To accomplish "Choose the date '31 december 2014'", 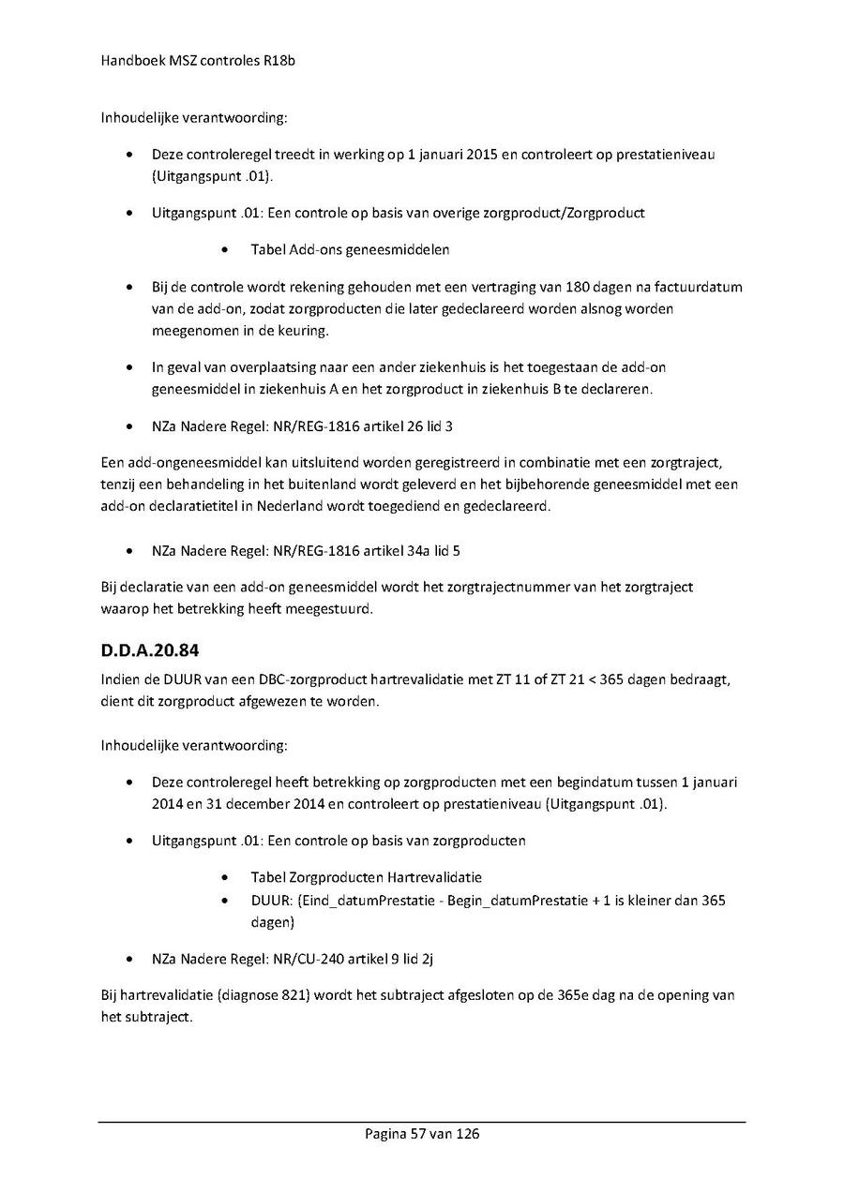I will coord(237,804).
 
